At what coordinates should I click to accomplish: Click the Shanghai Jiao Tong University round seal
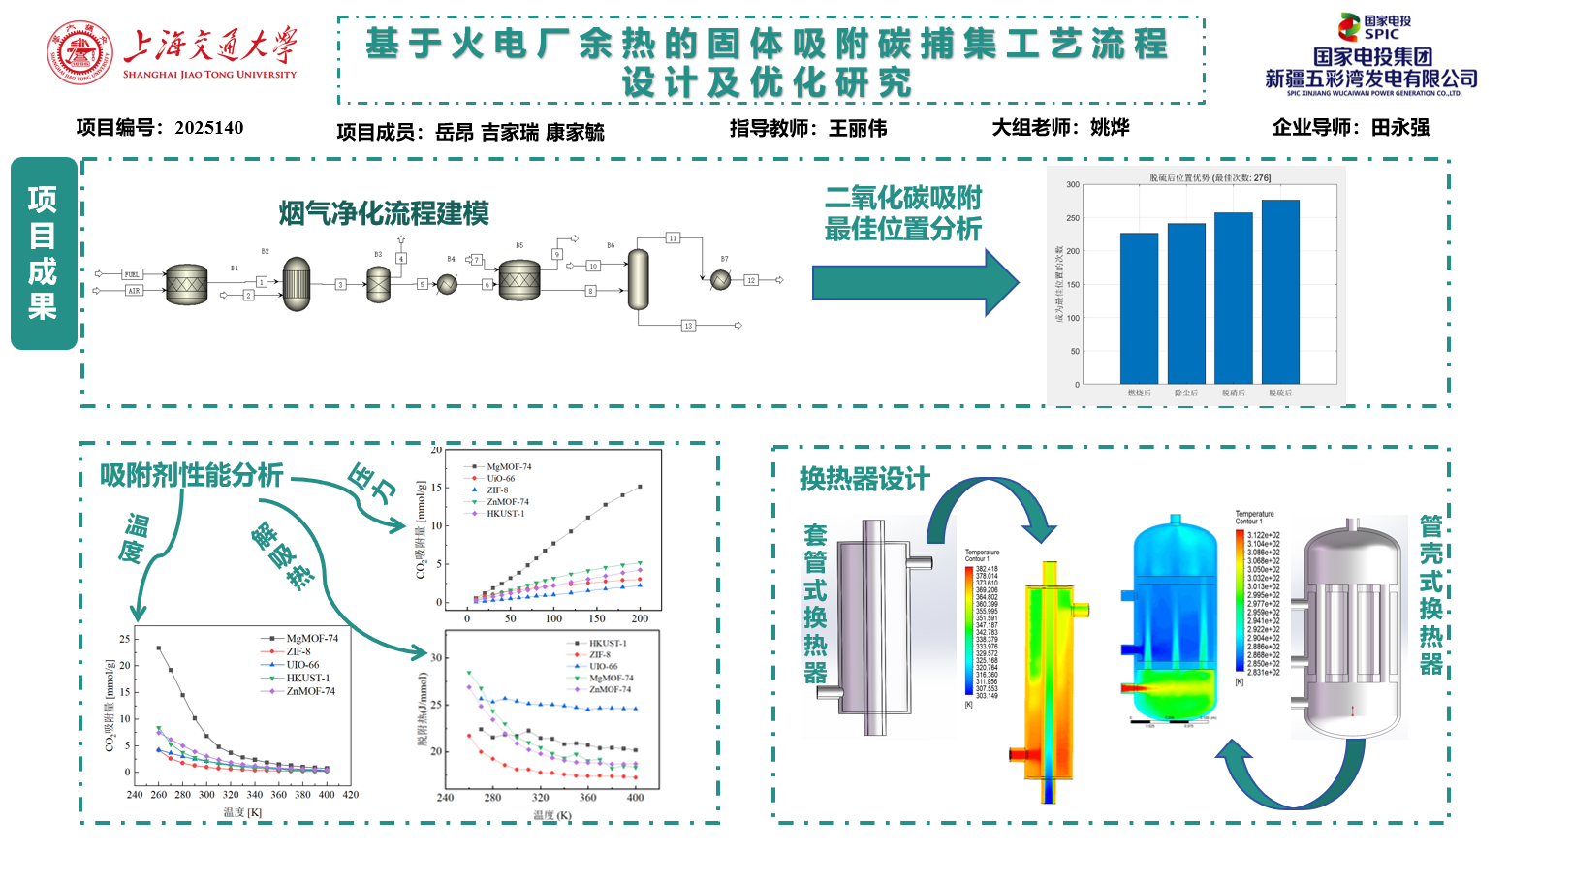click(x=79, y=52)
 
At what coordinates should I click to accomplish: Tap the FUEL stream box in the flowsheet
click(x=132, y=274)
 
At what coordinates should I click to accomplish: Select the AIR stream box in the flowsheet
click(x=133, y=291)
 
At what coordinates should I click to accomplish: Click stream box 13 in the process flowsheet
click(x=688, y=326)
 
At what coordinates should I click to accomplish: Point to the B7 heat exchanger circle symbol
click(x=721, y=280)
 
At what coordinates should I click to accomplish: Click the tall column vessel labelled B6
click(x=638, y=278)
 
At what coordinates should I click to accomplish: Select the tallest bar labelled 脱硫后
click(x=1280, y=292)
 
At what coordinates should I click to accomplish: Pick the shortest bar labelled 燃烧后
click(x=1139, y=308)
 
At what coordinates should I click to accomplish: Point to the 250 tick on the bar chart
click(x=1073, y=218)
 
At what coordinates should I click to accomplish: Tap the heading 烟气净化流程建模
click(x=384, y=213)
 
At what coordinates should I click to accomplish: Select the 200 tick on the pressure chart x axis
click(x=640, y=618)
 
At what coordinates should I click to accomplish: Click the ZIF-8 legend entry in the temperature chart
click(x=298, y=652)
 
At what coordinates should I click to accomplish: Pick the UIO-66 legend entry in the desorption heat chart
click(x=603, y=667)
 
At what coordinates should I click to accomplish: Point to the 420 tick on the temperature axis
click(x=351, y=795)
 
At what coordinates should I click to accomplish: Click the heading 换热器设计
click(x=864, y=479)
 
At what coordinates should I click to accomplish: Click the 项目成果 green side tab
click(x=44, y=253)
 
